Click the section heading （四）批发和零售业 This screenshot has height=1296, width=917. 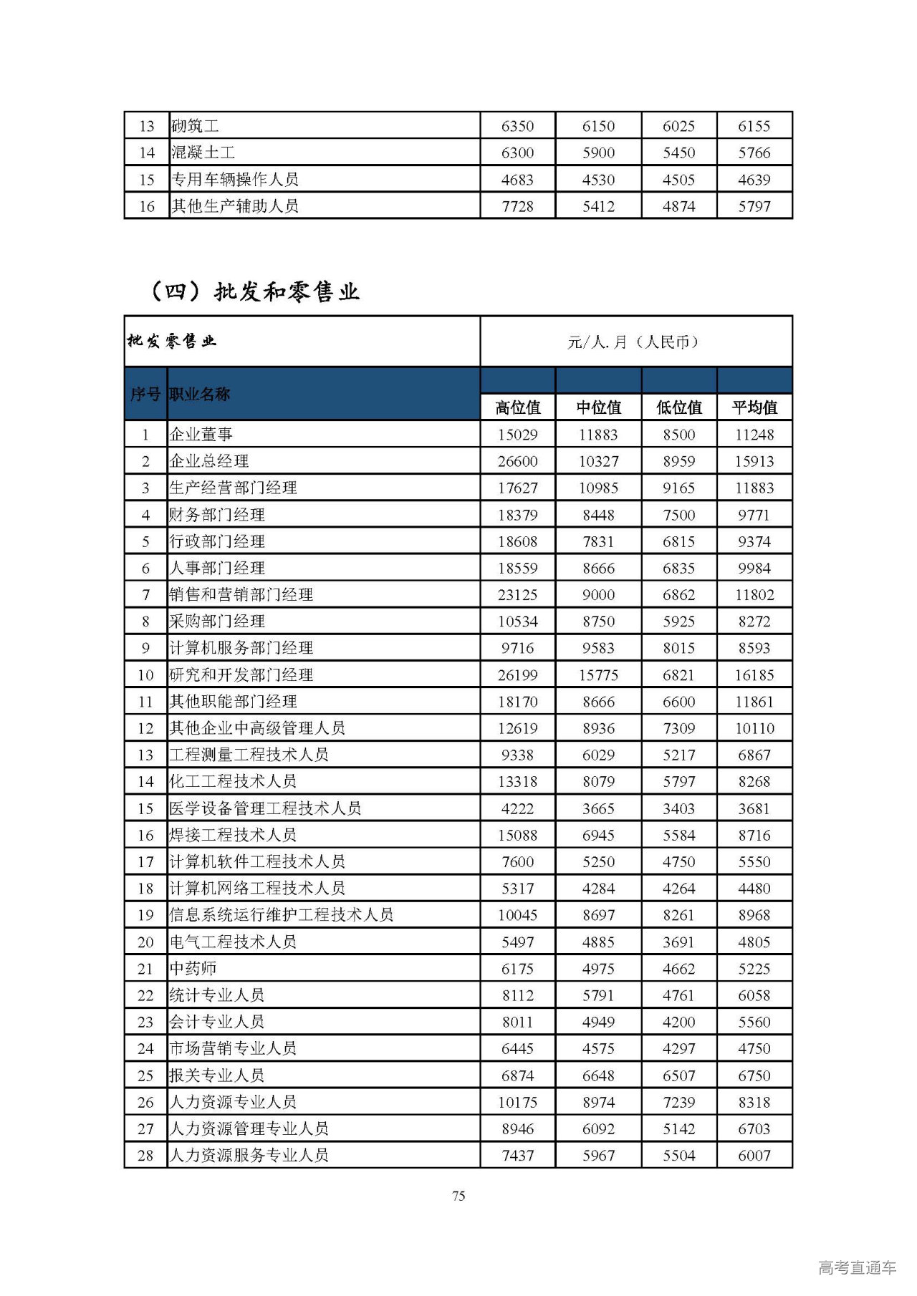point(254,291)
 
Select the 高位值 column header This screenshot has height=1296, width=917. point(517,407)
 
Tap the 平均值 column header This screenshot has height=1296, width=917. point(754,407)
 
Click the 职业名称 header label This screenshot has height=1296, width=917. point(200,394)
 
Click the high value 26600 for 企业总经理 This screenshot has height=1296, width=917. point(517,461)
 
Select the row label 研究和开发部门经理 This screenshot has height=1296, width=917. point(241,674)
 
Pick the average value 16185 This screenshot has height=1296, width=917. point(754,674)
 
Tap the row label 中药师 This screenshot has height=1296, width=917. point(193,969)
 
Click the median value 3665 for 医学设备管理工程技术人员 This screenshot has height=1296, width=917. point(598,808)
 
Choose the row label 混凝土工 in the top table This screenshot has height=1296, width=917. point(203,153)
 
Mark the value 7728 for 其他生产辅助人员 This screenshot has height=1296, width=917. point(517,206)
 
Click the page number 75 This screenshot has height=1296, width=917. point(458,1196)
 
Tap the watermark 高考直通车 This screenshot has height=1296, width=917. point(857,1267)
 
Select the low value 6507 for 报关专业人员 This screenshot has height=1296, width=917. point(678,1075)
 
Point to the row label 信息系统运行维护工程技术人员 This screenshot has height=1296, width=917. point(281,914)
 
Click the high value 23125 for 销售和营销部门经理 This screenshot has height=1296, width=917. point(517,594)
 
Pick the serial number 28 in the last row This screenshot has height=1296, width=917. point(145,1155)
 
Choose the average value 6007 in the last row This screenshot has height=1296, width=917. point(754,1155)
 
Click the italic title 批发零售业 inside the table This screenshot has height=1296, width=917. point(172,341)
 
